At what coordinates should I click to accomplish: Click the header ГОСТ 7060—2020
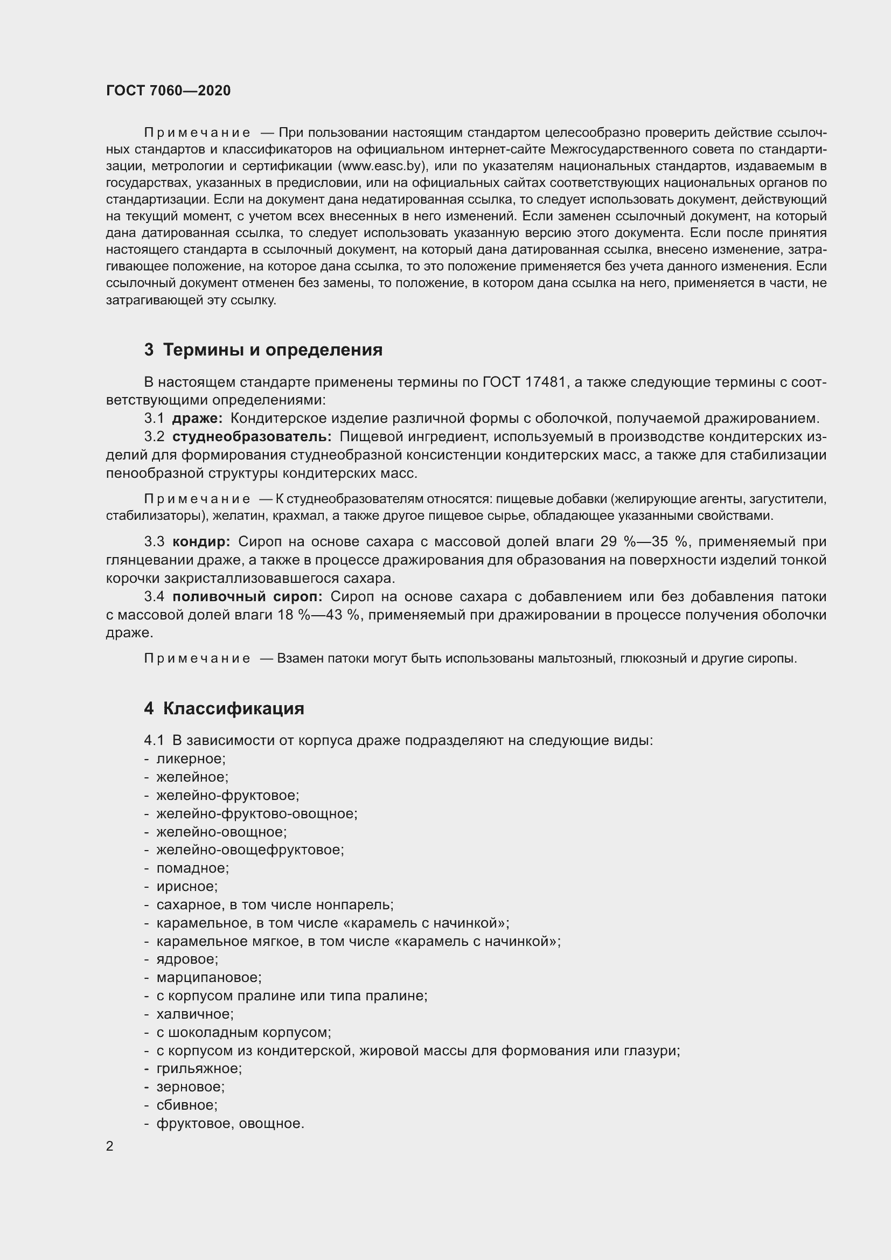coord(168,91)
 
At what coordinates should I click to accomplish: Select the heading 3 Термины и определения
coord(263,350)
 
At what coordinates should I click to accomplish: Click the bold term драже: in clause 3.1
coord(197,418)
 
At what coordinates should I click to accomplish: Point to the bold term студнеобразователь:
coord(252,436)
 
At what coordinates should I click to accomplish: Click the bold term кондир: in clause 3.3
coord(201,541)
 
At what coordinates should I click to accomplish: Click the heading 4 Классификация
coord(224,708)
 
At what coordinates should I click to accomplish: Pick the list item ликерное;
coord(191,759)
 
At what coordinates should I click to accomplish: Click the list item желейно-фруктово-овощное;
coord(257,813)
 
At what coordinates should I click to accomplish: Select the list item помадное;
coord(192,868)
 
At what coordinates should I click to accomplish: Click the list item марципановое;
coord(209,977)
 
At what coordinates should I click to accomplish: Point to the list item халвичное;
coord(195,1014)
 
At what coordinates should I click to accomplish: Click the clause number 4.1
coord(154,740)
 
